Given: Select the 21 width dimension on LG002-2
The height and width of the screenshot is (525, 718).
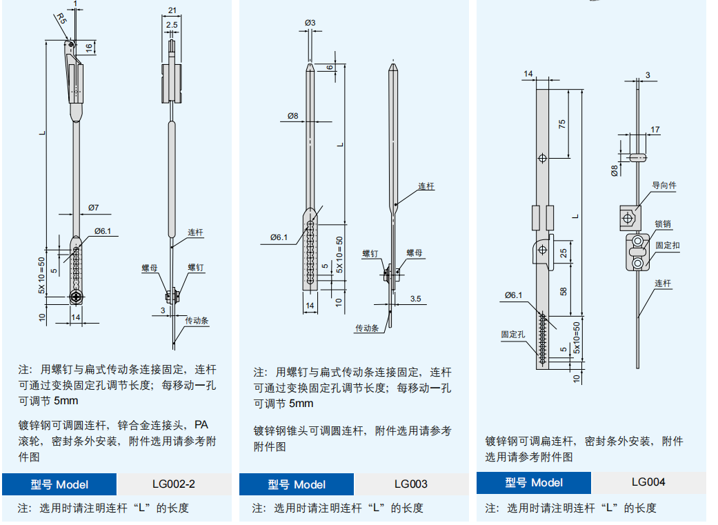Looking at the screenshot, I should pyautogui.click(x=172, y=10).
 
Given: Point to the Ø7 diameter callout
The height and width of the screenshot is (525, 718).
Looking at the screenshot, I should pyautogui.click(x=94, y=207).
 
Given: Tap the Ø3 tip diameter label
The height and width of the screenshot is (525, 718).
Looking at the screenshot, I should pyautogui.click(x=310, y=23).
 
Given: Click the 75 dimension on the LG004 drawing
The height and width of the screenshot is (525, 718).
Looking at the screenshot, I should pyautogui.click(x=562, y=123).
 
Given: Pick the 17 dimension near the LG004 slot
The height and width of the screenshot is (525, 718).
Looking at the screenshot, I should pyautogui.click(x=655, y=129).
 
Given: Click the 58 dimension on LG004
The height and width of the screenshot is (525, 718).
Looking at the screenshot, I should pyautogui.click(x=564, y=291).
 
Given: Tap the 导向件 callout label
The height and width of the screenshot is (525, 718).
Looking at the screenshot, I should pyautogui.click(x=664, y=186).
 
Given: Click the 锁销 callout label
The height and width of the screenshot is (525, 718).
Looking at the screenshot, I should pyautogui.click(x=663, y=224).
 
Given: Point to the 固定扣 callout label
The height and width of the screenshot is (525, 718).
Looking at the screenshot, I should pyautogui.click(x=667, y=245).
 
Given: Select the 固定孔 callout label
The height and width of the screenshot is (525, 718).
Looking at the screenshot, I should pyautogui.click(x=513, y=334).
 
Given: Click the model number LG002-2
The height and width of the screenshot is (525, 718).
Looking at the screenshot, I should pyautogui.click(x=173, y=484).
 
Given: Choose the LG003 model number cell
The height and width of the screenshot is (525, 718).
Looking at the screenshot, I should pyautogui.click(x=410, y=484).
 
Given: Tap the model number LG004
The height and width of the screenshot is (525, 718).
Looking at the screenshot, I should pyautogui.click(x=648, y=482).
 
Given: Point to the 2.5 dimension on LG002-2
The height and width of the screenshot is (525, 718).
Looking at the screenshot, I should pyautogui.click(x=172, y=25).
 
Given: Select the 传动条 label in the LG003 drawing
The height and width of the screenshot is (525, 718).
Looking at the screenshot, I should pyautogui.click(x=367, y=328).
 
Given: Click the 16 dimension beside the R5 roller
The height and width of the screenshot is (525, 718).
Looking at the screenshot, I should pyautogui.click(x=89, y=47).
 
